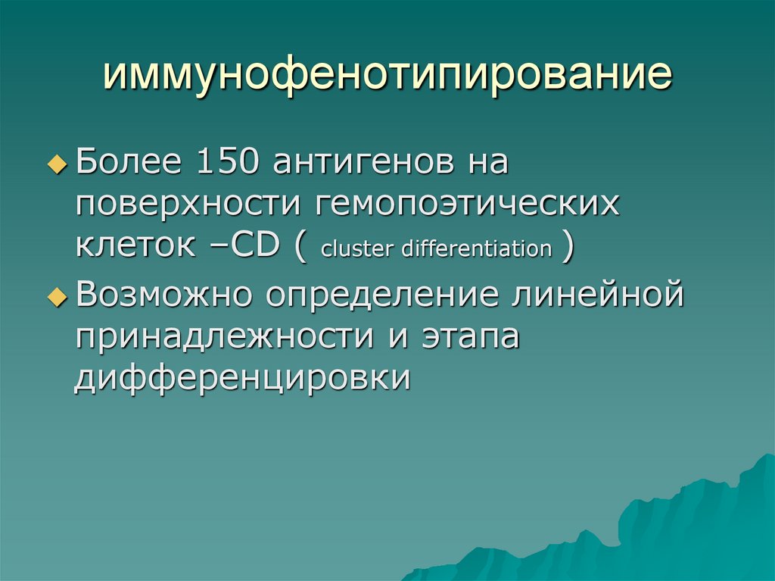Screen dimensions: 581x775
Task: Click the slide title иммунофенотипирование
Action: [387, 75]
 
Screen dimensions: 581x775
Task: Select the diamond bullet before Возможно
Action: [58, 297]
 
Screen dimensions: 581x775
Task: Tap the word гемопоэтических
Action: [462, 205]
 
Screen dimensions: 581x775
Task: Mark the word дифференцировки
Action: [243, 376]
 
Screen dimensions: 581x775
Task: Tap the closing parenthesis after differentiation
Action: [566, 247]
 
